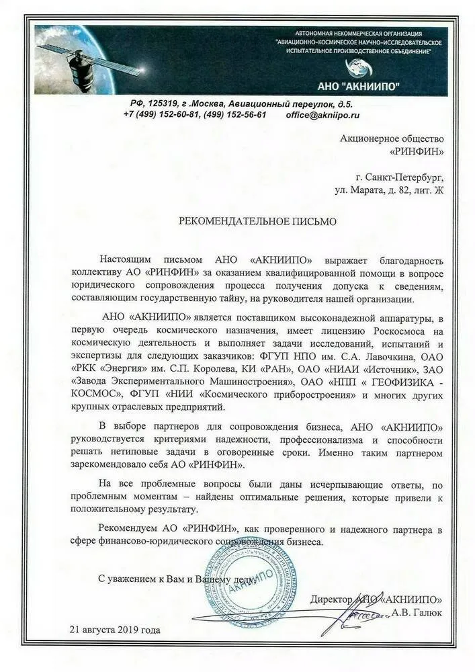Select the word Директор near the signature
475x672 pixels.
335,599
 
